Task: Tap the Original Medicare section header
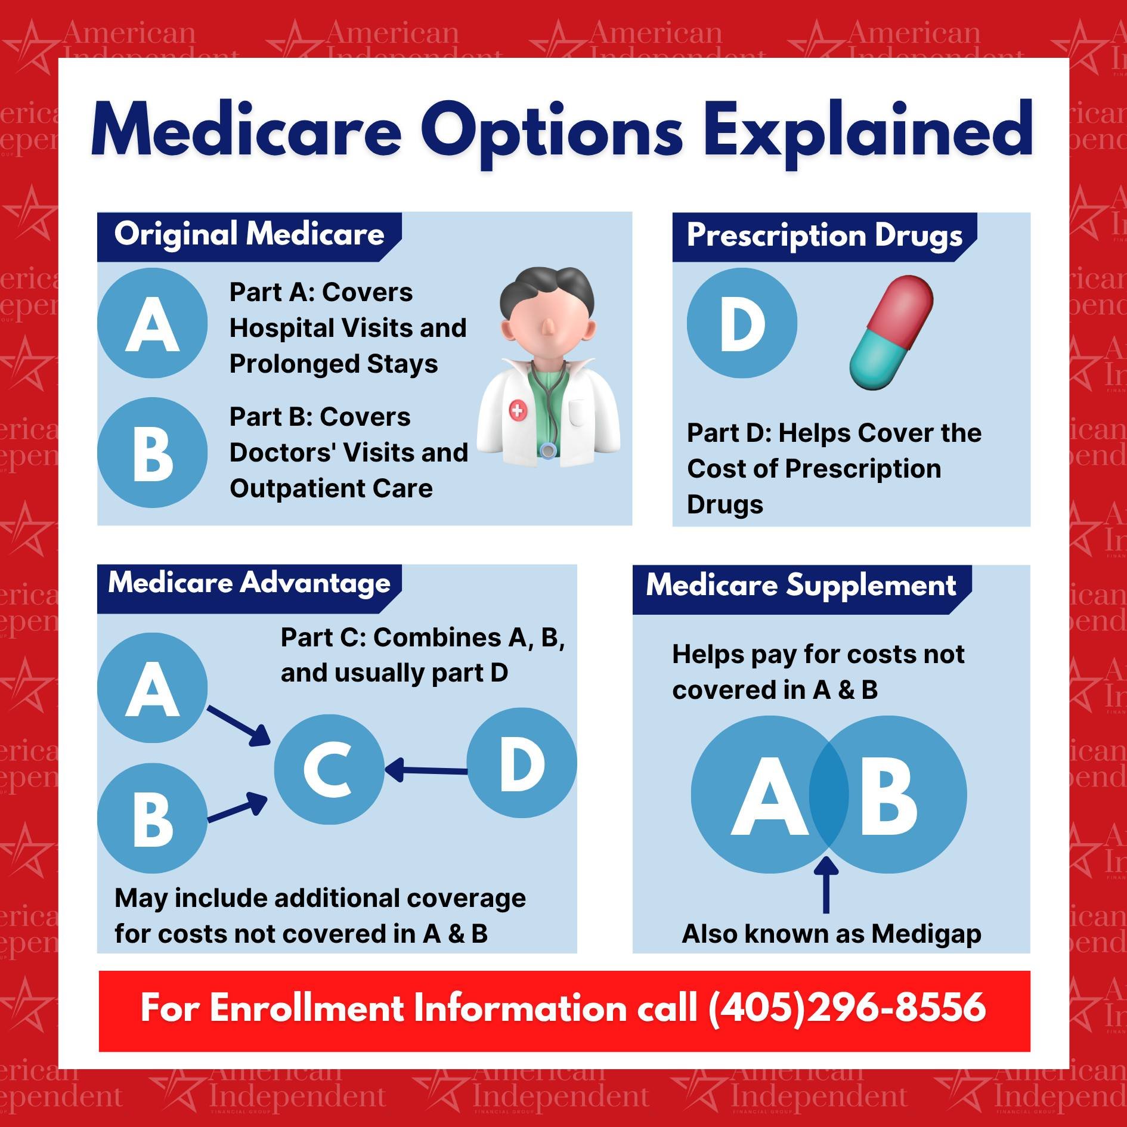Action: [249, 234]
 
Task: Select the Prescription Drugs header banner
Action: [824, 236]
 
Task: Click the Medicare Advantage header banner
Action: [249, 584]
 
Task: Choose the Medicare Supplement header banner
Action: [801, 586]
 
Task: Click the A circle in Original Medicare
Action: [153, 323]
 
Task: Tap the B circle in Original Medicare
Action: [153, 453]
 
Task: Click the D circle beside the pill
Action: [742, 323]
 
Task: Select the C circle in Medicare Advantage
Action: [329, 769]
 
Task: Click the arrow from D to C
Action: [426, 770]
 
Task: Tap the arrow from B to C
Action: [237, 808]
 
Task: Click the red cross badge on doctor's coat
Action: [518, 410]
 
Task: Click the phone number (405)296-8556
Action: [847, 1008]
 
